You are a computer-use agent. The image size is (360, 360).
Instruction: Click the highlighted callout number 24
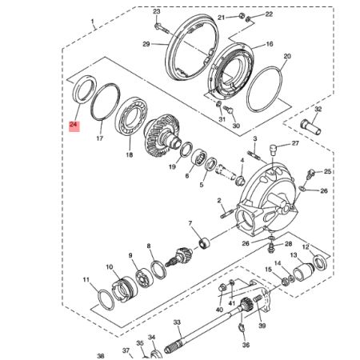pos(74,126)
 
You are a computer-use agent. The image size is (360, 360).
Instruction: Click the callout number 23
pos(157,11)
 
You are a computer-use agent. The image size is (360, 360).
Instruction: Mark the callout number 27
pos(295,144)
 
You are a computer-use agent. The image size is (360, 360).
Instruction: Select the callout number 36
pos(246,345)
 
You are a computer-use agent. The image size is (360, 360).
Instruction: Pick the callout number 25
pos(327,172)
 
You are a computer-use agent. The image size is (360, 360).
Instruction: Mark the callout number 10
pos(109,266)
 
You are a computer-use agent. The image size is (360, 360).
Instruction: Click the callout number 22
pos(268,14)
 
